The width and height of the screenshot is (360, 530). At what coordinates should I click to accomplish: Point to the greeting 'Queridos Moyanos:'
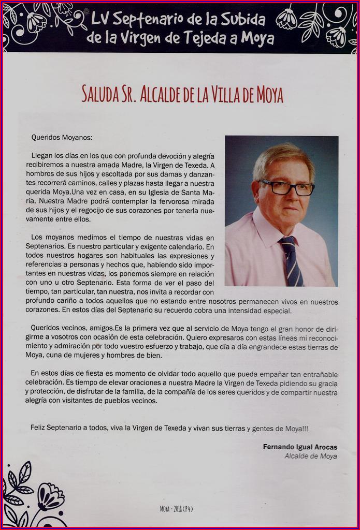click(62, 138)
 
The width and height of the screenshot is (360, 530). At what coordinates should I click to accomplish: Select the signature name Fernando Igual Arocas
click(300, 447)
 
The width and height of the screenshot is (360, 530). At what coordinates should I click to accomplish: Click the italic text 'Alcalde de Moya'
click(311, 456)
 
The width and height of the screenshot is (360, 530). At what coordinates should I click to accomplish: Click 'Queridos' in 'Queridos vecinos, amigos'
click(45, 328)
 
